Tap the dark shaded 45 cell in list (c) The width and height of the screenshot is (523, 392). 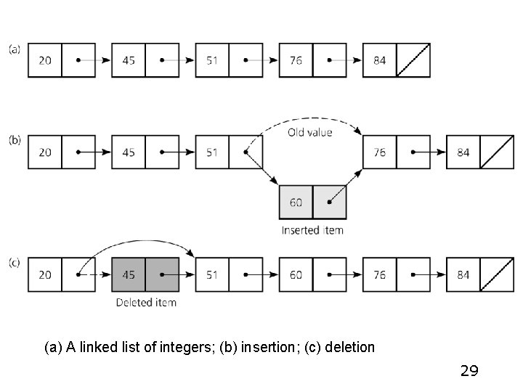tap(129, 274)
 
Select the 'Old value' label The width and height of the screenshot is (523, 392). tap(309, 133)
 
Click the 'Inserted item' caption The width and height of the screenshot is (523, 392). tap(312, 230)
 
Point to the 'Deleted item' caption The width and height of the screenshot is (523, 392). tap(146, 302)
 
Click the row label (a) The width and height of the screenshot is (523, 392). tap(15, 49)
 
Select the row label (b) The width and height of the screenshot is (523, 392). tap(15, 140)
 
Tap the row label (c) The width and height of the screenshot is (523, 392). tap(15, 263)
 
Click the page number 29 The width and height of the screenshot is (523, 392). tap(469, 371)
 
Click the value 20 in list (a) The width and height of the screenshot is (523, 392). tap(45, 60)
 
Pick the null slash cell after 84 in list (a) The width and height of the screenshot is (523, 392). tap(413, 60)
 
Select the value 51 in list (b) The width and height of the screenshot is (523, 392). tap(212, 152)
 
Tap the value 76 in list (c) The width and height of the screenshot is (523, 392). tap(379, 274)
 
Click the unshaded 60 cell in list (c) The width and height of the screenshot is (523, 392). tap(296, 274)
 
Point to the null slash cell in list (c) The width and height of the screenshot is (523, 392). tap(497, 274)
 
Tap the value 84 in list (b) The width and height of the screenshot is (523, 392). tap(463, 152)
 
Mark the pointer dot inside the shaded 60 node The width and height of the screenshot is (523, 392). tap(329, 203)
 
